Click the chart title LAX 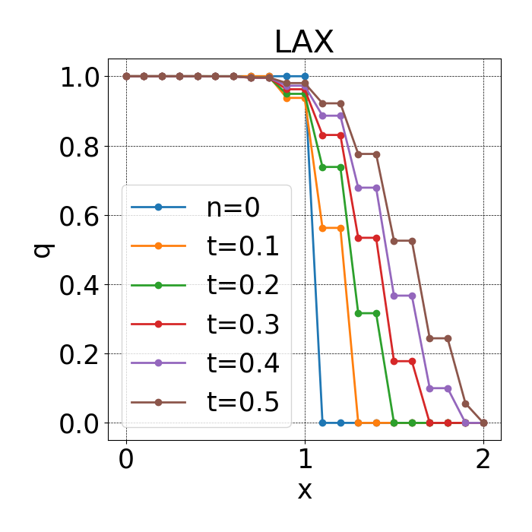304,43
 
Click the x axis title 304,490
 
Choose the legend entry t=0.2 242,285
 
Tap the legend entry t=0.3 242,325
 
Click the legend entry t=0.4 242,363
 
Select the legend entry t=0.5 242,402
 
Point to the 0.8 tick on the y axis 81,146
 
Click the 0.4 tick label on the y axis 81,284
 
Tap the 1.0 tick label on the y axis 81,77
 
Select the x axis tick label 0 126,461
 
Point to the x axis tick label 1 305,461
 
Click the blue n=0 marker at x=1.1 323,423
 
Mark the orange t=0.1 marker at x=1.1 323,228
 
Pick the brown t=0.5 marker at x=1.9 466,404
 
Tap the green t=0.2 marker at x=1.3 359,313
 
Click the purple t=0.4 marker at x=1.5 394,296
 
